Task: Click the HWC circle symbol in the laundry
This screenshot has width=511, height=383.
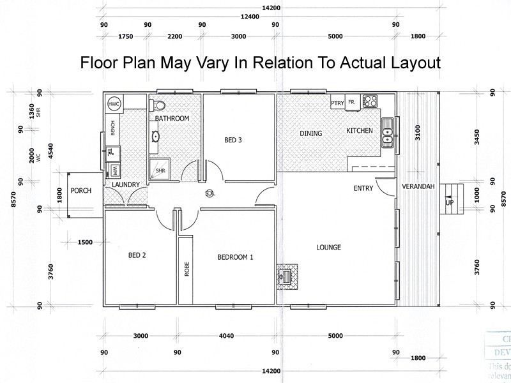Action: [x=114, y=103]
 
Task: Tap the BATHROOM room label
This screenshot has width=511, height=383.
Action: [x=172, y=119]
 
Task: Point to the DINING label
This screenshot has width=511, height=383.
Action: [x=311, y=133]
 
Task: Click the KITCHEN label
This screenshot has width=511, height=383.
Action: [x=359, y=131]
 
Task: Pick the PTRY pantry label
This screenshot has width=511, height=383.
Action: [x=337, y=103]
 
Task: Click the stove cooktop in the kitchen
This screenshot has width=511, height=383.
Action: [x=370, y=101]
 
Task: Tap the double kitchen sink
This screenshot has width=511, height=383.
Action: [x=387, y=133]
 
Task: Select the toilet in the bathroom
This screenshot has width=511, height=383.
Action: [x=160, y=104]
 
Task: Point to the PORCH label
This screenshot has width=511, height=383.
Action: [x=81, y=190]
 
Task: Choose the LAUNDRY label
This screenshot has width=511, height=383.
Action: [x=125, y=186]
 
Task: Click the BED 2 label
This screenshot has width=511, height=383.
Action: [x=137, y=255]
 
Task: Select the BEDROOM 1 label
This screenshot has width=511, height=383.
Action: [x=236, y=258]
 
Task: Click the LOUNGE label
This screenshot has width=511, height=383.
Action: [x=328, y=248]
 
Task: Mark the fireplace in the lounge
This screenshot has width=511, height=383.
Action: [x=286, y=276]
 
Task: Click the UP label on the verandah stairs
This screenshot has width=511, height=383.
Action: [x=449, y=202]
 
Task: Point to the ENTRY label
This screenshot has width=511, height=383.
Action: [x=363, y=188]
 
